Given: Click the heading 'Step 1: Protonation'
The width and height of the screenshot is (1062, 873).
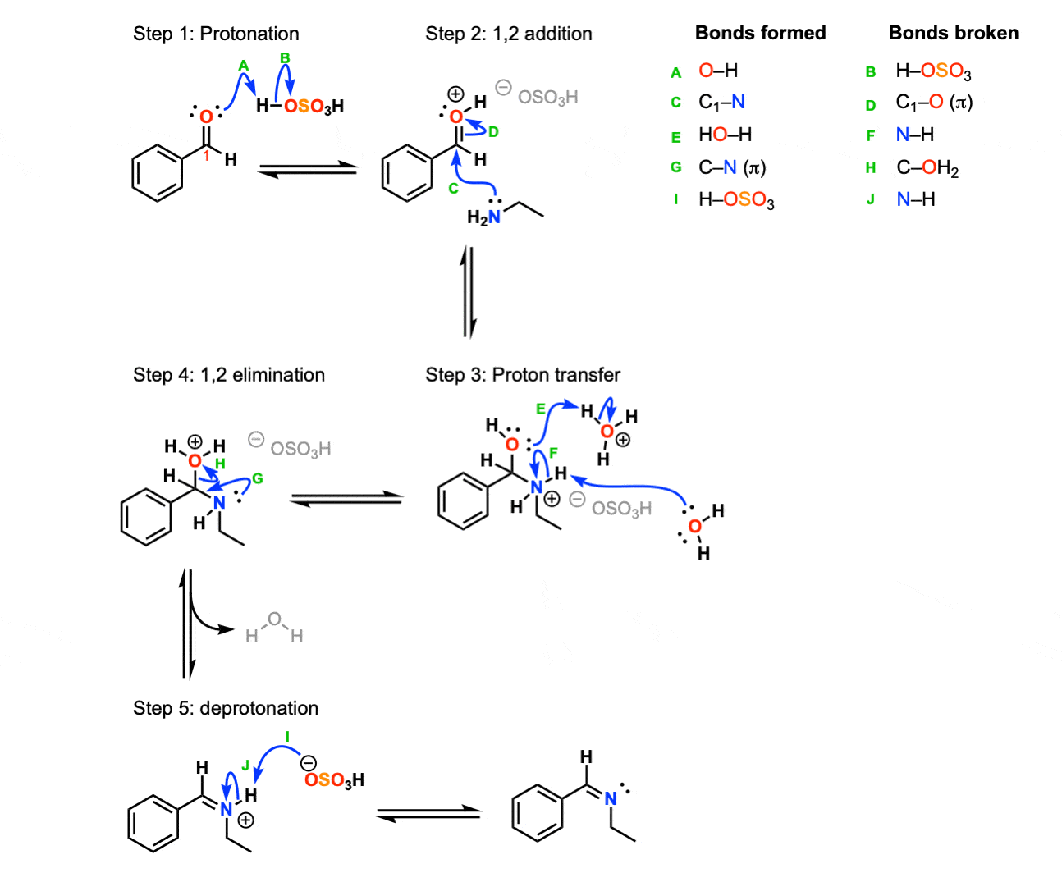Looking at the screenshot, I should point(216,34).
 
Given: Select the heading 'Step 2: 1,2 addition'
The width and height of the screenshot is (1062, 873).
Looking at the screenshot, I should point(508,34).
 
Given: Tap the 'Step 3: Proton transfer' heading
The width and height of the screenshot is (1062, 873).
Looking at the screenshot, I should point(522,375).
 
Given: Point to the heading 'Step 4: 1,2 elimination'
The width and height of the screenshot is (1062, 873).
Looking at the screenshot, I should point(229,375).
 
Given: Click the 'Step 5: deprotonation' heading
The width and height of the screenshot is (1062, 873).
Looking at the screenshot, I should point(226,708).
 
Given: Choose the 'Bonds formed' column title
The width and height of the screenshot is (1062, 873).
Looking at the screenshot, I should point(760,33).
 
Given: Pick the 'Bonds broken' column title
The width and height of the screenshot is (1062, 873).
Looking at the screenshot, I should point(953,33).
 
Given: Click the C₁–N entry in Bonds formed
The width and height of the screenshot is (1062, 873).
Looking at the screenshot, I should point(721,102).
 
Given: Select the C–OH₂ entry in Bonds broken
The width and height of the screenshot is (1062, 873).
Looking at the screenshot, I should point(927,168).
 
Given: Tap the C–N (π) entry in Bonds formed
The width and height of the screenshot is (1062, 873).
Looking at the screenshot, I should point(731,168).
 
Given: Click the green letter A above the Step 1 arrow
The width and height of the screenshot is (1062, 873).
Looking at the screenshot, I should point(243,66).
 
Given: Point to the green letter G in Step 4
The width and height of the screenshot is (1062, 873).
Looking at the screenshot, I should point(258,478).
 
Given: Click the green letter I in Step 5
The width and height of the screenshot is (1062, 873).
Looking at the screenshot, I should point(287,738).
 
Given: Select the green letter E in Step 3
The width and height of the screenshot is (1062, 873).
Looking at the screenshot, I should point(540,409).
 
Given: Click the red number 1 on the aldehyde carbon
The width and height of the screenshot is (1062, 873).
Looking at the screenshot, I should point(207,155).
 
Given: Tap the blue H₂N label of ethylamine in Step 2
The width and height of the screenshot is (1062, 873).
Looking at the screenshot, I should point(483,217).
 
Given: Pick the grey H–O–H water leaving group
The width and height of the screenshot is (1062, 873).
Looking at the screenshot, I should point(274,628).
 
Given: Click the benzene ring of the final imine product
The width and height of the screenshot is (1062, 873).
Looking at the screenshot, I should point(538,812).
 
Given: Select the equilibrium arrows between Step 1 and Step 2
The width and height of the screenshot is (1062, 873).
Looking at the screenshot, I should point(308,169).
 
